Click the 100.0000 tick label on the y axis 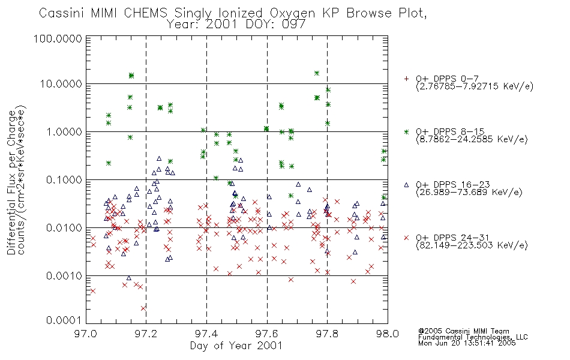point(58,38)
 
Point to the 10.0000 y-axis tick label point(61,84)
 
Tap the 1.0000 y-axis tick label point(64,131)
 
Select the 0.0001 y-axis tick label point(64,320)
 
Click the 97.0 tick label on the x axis point(86,334)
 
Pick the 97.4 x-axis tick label point(206,334)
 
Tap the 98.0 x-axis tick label point(388,334)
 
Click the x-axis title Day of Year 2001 point(236,346)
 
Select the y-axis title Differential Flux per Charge point(11,182)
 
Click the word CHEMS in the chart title point(145,13)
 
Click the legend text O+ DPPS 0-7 point(447,79)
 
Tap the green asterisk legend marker point(406,132)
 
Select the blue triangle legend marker point(406,185)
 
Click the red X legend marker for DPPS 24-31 point(406,238)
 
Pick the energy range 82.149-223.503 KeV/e point(472,245)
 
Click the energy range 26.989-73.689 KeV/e point(469,193)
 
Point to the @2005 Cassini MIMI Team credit point(463,331)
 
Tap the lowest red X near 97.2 point(143,308)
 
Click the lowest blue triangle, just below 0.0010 point(128,278)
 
